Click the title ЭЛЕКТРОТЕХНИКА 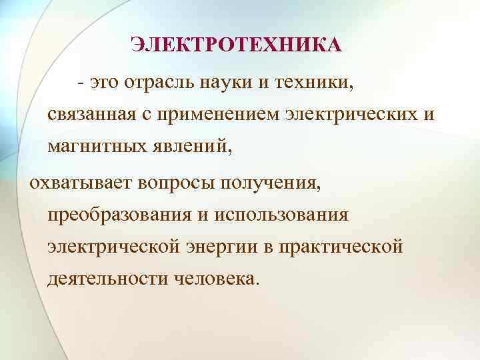coord(235,45)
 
